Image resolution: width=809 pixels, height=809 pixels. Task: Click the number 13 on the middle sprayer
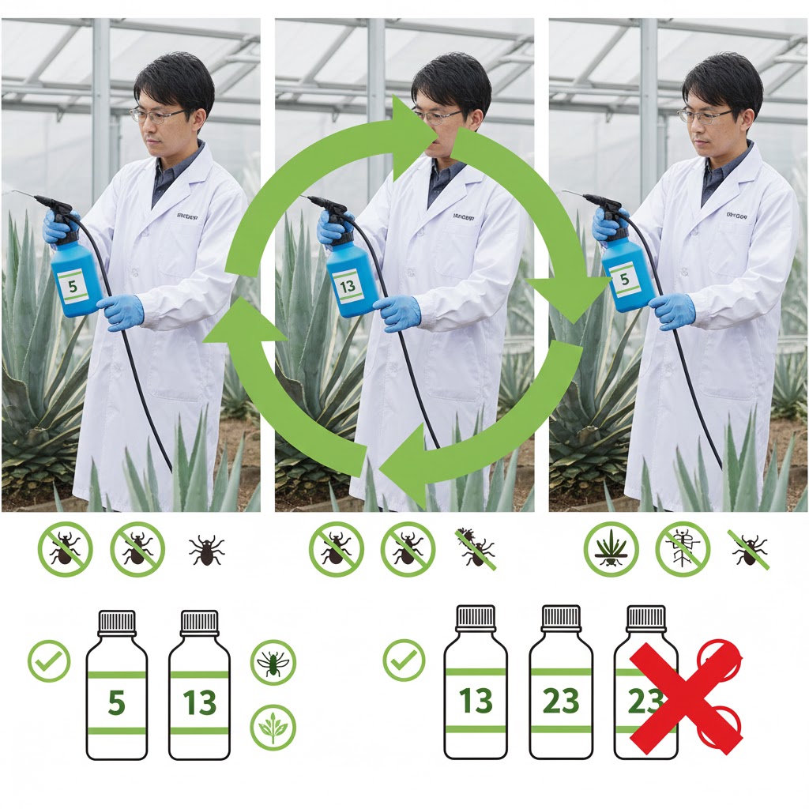[348, 287]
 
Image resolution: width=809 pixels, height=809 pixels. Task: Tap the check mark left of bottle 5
[49, 660]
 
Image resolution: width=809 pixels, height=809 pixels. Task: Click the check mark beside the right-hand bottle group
[404, 660]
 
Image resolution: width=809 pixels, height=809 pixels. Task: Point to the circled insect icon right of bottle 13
[273, 662]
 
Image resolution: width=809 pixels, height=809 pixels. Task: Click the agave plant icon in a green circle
[611, 548]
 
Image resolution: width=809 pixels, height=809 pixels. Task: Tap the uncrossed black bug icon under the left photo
[206, 548]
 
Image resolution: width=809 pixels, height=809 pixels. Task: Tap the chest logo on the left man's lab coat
[187, 214]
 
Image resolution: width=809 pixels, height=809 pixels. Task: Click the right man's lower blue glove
[672, 310]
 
